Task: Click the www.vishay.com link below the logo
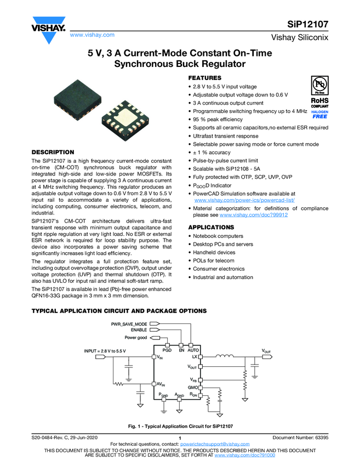coord(92,35)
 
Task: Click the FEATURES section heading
coord(205,78)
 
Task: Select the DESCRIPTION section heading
coord(53,152)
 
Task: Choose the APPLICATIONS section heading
coord(211,227)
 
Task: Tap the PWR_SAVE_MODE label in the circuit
coord(129,324)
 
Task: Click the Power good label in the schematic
coord(136,338)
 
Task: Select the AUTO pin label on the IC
coord(193,350)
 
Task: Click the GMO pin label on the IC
coord(192,387)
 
